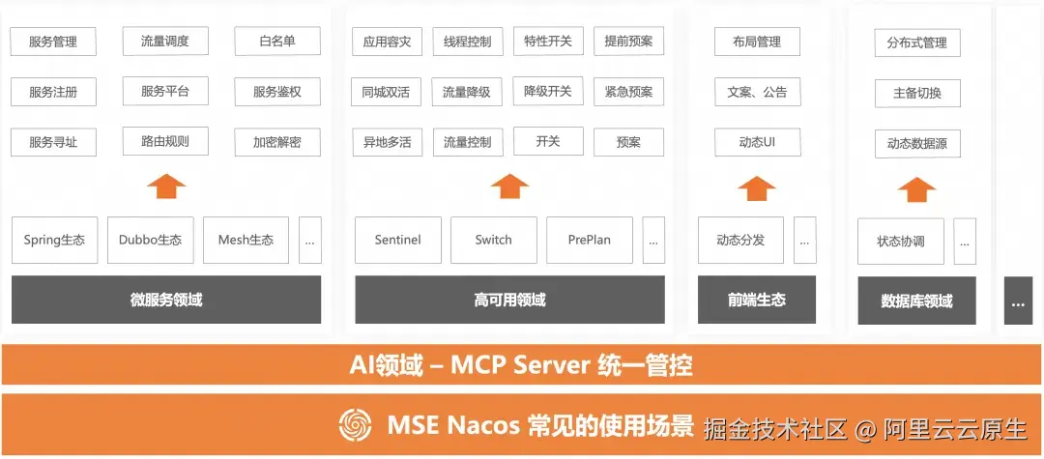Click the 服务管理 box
(53, 42)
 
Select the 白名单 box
(277, 42)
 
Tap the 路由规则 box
(165, 141)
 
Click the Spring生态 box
(54, 241)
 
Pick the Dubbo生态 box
(151, 241)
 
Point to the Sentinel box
(398, 241)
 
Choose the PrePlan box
(590, 241)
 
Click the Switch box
(493, 241)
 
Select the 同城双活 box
(386, 93)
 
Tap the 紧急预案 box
(628, 92)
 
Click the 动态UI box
(758, 142)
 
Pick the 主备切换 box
(917, 93)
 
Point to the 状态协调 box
(901, 241)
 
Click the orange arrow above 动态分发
(757, 188)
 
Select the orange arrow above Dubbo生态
(166, 186)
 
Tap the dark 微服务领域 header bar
(166, 300)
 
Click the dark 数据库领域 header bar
(916, 301)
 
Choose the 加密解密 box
(277, 142)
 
